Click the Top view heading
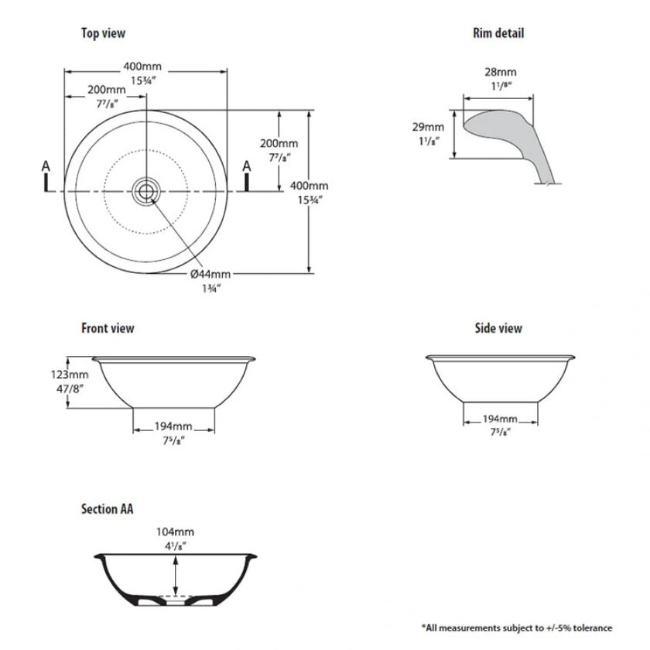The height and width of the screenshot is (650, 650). (103, 33)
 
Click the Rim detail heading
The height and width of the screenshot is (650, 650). (498, 33)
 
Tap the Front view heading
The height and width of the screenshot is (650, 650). (108, 328)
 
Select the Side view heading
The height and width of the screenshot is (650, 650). (498, 328)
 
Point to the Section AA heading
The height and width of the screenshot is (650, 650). (108, 509)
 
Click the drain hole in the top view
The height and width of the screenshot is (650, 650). (145, 190)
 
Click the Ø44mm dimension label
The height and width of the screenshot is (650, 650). (210, 274)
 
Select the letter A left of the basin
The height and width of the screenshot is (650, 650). (46, 166)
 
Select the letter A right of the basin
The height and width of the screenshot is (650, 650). (247, 166)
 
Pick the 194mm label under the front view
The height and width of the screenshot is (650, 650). (173, 426)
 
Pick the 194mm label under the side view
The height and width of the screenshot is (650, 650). (500, 419)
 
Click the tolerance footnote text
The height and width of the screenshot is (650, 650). (516, 627)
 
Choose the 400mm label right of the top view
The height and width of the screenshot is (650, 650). (309, 186)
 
